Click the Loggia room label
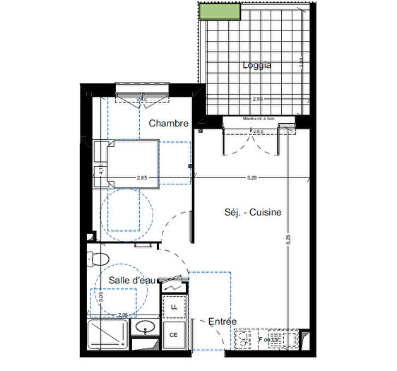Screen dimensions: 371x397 tap(257, 65)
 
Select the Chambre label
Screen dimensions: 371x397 tap(168, 123)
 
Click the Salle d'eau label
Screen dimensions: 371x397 tap(131, 281)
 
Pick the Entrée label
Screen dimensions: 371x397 tap(223, 322)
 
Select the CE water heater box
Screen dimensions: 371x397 tap(173, 335)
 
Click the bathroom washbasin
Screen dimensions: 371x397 tap(146, 327)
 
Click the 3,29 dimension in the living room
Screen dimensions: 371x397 tap(251, 177)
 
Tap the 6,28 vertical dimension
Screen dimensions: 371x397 tap(288, 240)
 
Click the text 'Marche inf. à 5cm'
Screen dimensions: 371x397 tap(258, 119)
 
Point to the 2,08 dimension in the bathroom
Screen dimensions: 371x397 tap(122, 314)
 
